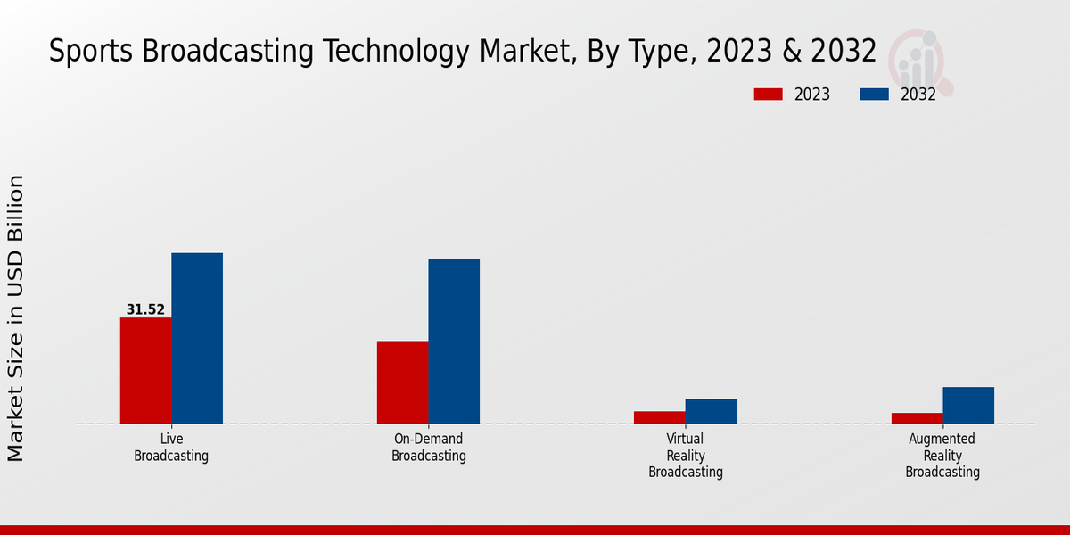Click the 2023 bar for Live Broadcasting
point(145,370)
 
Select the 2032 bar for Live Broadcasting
point(197,338)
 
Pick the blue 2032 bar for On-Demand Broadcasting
point(454,342)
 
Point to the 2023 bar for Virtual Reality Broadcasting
point(660,417)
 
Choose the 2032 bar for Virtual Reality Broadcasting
point(712,411)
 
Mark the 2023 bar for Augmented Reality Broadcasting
point(917,418)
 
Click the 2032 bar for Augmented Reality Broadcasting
point(968,405)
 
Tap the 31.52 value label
point(145,310)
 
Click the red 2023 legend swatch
point(768,95)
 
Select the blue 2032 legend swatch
point(874,95)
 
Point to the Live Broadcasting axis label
point(171,448)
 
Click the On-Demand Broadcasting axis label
point(429,448)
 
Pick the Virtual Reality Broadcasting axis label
point(686,456)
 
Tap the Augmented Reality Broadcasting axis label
point(942,456)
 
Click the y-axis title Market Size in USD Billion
point(16,318)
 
